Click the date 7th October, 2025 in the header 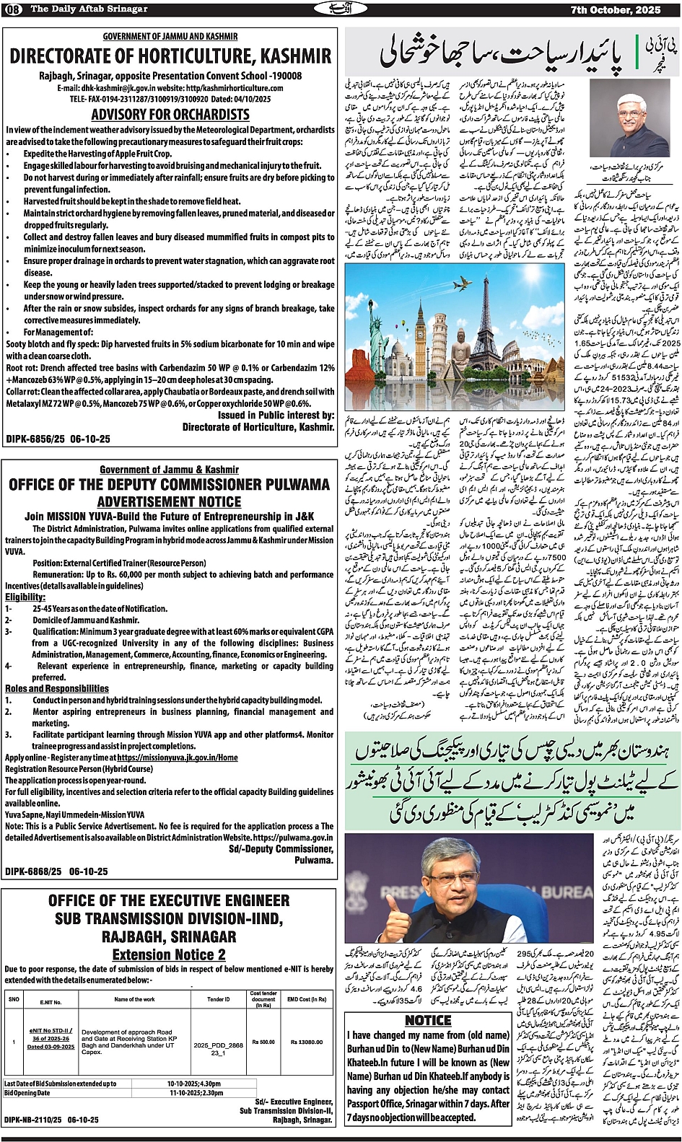(x=630, y=9)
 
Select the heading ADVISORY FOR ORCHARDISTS (x=170, y=114)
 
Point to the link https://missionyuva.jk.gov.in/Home (x=177, y=758)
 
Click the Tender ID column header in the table (x=218, y=999)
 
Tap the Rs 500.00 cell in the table (x=263, y=1042)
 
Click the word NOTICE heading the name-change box (x=428, y=1020)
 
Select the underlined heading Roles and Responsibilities (x=57, y=688)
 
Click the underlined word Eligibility (x=25, y=597)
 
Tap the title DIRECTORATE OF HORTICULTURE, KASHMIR (x=170, y=56)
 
